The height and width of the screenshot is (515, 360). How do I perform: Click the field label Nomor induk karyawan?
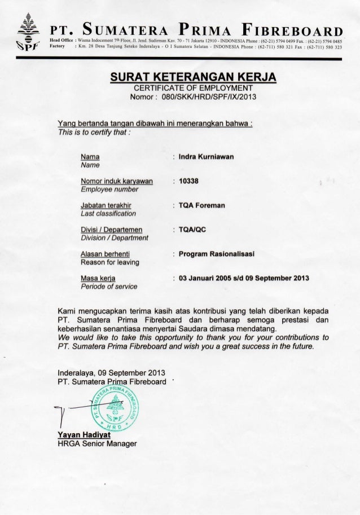pyautogui.click(x=117, y=181)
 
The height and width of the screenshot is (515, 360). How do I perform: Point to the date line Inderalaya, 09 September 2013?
pyautogui.click(x=106, y=373)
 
